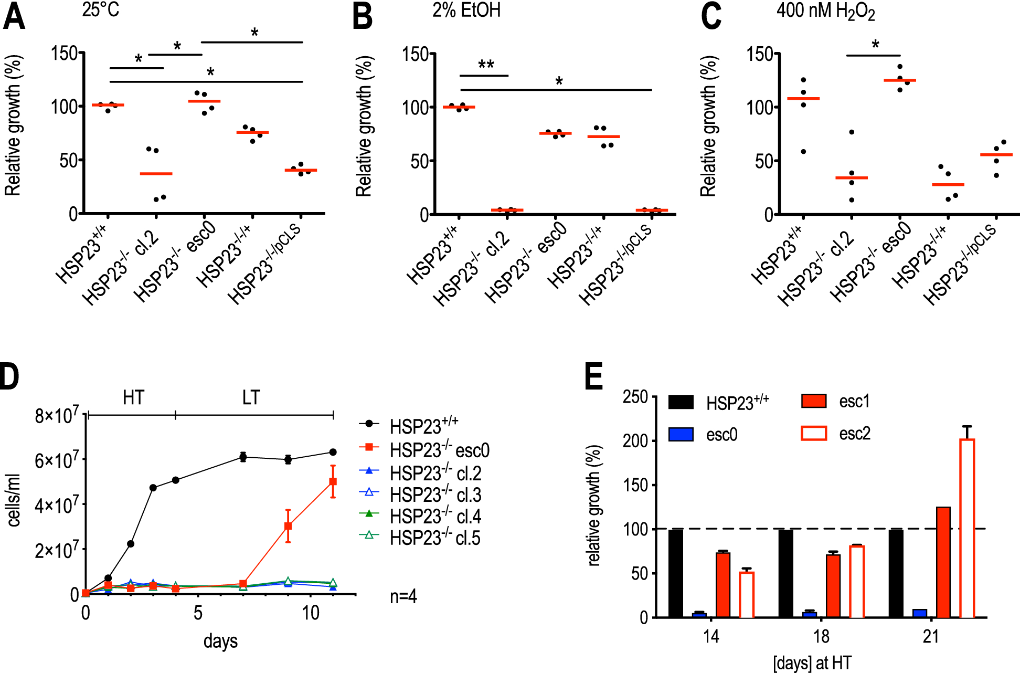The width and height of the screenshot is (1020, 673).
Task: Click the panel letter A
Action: (14, 17)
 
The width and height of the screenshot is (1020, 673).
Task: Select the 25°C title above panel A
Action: (101, 9)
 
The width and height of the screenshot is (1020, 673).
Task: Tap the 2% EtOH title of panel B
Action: (466, 10)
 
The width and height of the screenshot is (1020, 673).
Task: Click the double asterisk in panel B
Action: (486, 65)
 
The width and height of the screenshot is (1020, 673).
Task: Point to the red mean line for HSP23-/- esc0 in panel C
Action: (899, 80)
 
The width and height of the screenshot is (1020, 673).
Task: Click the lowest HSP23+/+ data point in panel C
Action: (803, 152)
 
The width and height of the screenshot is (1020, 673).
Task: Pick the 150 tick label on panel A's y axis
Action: (64, 53)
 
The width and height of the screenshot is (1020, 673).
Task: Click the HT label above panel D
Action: (133, 397)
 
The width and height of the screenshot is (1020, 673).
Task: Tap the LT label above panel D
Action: (251, 397)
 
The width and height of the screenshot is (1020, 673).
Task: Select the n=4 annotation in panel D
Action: (403, 596)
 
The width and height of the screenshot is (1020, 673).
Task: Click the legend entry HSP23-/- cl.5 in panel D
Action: (434, 538)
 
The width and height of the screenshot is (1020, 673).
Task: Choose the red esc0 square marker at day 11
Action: (333, 481)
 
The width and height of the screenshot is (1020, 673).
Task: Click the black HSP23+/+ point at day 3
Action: (153, 488)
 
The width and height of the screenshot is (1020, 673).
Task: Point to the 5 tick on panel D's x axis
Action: (198, 613)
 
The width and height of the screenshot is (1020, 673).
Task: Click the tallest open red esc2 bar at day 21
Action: (967, 528)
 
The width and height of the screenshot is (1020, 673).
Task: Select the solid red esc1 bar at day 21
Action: (943, 562)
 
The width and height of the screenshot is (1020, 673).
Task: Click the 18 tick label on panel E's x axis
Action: (821, 637)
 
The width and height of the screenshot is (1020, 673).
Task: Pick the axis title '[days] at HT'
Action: (812, 663)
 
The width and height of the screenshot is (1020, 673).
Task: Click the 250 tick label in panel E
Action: (635, 397)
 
